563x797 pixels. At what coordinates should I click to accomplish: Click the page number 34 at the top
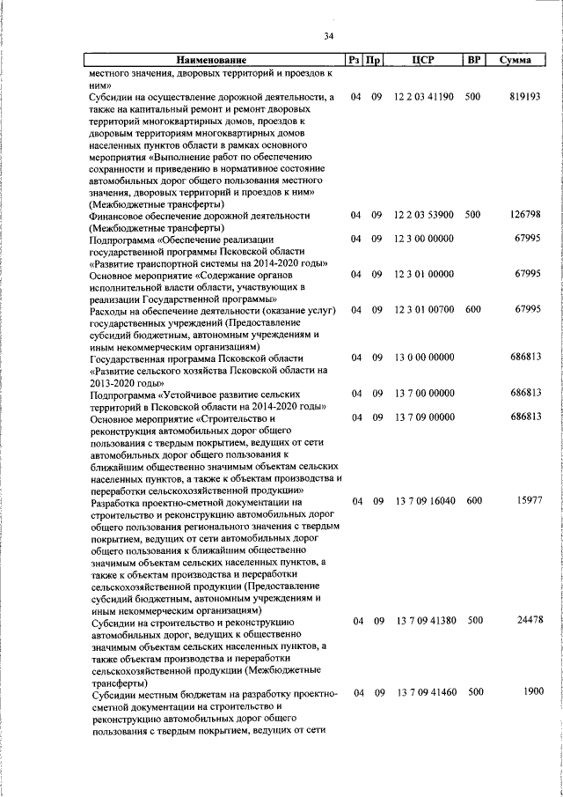(328, 36)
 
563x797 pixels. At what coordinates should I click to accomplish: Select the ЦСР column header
(424, 61)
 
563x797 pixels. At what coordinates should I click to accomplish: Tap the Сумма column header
(515, 61)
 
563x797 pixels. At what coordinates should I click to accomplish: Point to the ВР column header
(473, 61)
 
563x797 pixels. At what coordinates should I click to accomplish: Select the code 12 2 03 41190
(424, 95)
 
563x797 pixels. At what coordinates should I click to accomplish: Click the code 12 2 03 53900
(424, 215)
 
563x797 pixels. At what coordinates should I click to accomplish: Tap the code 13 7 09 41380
(424, 621)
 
